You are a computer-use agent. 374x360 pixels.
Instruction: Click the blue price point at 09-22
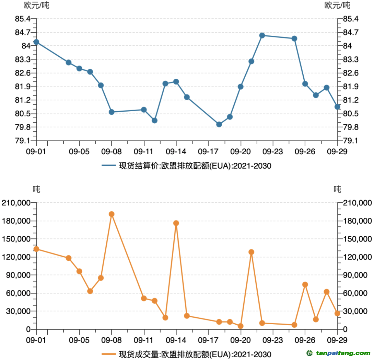click(262, 35)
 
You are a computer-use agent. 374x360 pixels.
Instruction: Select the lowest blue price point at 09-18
click(219, 124)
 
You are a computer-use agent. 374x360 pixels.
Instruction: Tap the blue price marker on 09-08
click(112, 112)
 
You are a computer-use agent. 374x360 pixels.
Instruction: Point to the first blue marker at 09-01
click(36, 42)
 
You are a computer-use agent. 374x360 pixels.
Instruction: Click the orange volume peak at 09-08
click(112, 214)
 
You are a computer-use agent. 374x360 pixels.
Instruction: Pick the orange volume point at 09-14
click(176, 223)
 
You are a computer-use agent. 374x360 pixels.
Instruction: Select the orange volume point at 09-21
click(251, 252)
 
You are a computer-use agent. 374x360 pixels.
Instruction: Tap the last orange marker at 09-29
click(337, 313)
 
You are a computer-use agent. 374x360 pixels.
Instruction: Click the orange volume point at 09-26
click(305, 284)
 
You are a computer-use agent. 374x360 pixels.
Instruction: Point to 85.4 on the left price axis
click(22, 19)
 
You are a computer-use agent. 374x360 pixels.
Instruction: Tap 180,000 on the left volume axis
click(16, 221)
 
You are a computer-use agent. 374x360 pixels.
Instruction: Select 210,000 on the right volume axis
click(358, 203)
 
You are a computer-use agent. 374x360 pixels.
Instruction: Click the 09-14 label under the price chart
click(176, 151)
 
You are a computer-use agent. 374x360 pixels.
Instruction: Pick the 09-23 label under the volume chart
click(273, 339)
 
